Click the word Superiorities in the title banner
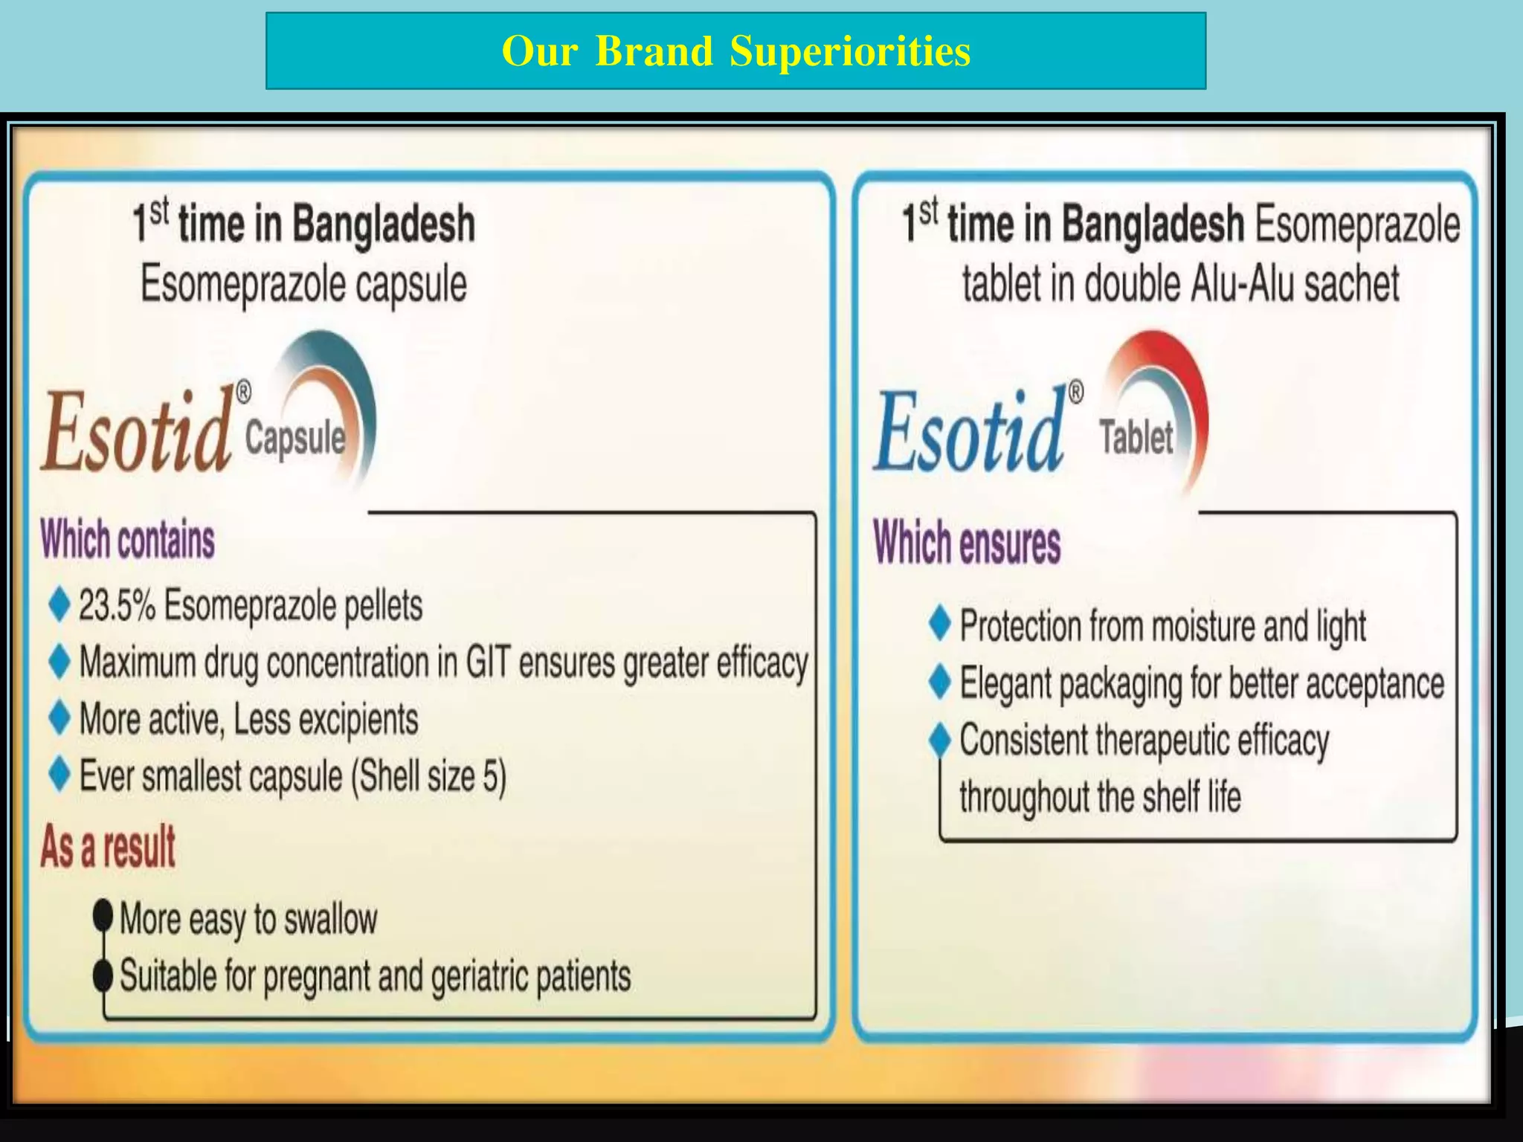coord(850,52)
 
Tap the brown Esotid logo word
coord(135,433)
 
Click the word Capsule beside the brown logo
coord(295,437)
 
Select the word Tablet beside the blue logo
coord(1136,437)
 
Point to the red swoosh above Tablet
coord(1175,372)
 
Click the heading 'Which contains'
coord(127,540)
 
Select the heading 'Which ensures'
coord(966,543)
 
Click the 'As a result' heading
coord(108,847)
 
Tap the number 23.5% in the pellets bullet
coord(117,605)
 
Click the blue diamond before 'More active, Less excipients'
coord(59,718)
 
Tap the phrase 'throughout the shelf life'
coord(1100,797)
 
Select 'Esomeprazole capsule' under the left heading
coord(303,285)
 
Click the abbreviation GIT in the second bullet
coord(488,662)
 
